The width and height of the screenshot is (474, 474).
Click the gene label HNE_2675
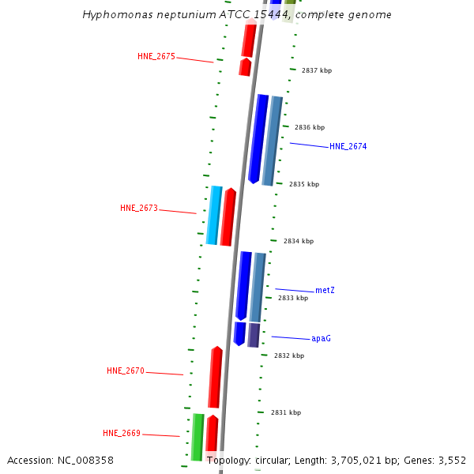click(156, 56)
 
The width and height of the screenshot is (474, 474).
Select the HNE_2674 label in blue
click(348, 146)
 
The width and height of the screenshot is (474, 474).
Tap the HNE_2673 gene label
click(138, 208)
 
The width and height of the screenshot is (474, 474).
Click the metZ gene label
click(325, 290)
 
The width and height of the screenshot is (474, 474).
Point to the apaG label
click(321, 338)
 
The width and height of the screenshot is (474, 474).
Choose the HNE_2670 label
click(126, 371)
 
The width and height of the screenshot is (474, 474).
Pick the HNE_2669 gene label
click(121, 433)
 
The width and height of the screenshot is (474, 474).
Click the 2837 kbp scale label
click(316, 70)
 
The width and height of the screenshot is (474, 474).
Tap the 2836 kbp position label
click(309, 127)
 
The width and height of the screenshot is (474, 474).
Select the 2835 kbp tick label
click(303, 184)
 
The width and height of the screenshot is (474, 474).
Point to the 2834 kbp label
click(298, 241)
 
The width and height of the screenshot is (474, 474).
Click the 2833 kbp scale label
click(292, 298)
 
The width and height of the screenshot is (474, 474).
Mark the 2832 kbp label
click(288, 355)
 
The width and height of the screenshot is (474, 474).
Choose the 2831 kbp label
click(285, 412)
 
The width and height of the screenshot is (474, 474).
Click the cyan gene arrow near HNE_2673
click(213, 215)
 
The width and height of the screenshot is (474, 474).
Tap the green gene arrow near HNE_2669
click(197, 436)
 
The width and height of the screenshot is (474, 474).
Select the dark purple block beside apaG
click(254, 334)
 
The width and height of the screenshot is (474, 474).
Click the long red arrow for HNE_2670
click(215, 377)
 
